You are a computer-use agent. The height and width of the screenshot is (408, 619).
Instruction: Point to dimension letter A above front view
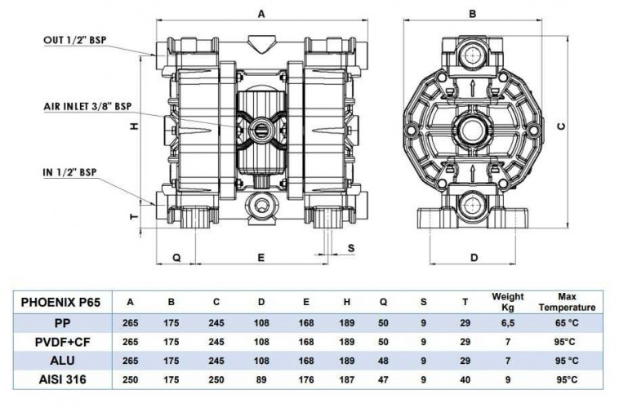point(261,13)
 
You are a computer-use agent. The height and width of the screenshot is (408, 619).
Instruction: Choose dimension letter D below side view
point(473,258)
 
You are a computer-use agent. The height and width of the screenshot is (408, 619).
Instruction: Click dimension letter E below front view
point(261,258)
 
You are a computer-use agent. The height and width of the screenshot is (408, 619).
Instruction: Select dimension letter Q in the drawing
point(176,258)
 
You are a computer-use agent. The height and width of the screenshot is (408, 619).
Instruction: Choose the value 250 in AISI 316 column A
point(128,379)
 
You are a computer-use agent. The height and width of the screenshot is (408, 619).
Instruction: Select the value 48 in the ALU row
point(382,360)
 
